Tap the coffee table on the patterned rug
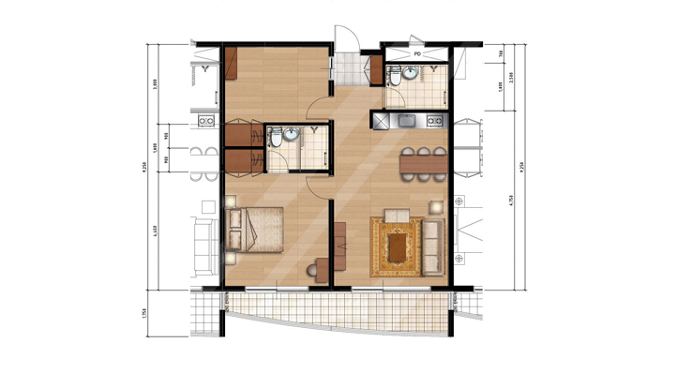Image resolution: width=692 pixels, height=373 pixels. (399, 246)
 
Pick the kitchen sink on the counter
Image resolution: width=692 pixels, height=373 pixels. (409, 121)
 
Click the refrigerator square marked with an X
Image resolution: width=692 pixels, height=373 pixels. (381, 121)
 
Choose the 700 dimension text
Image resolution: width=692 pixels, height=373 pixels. (502, 52)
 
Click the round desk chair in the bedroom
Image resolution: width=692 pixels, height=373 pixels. (311, 269)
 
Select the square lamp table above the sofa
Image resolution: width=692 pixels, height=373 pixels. (434, 205)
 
